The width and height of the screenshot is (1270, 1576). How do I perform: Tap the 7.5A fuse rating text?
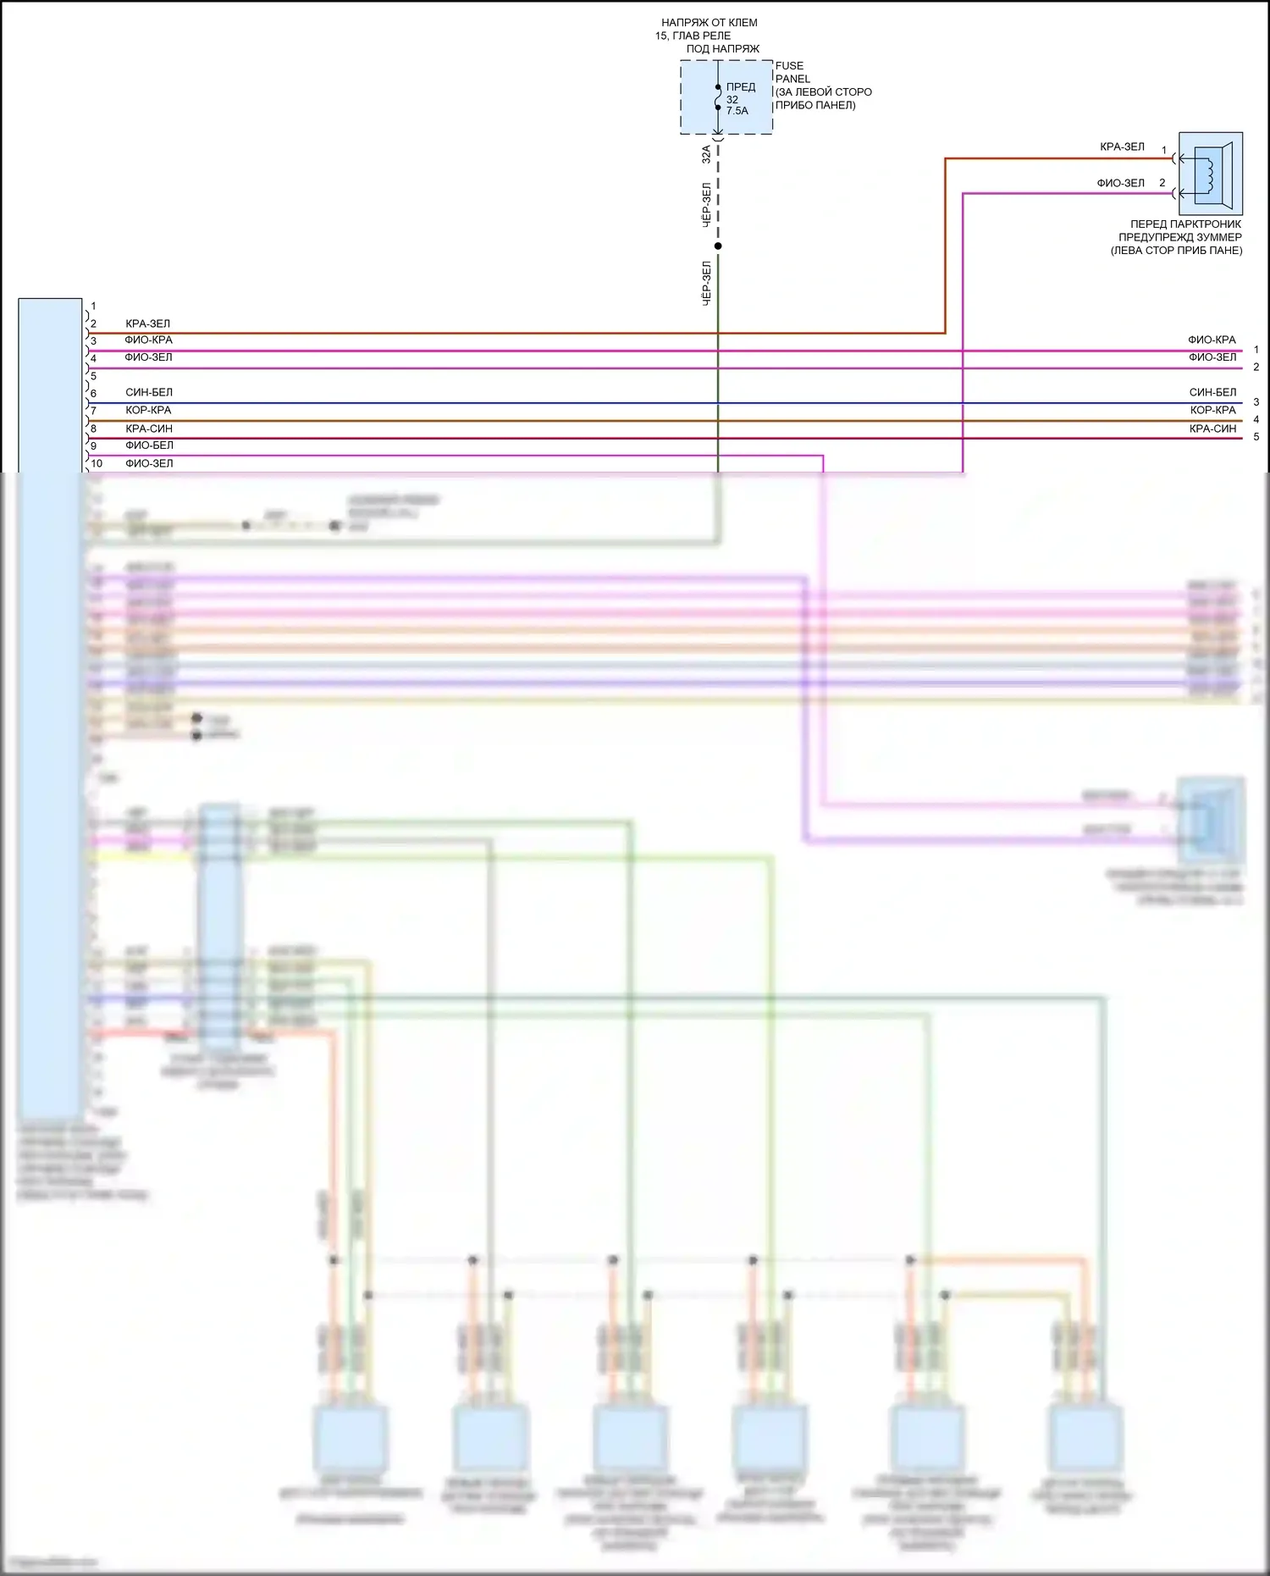[x=737, y=111]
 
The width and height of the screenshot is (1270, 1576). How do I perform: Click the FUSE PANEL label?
[x=792, y=72]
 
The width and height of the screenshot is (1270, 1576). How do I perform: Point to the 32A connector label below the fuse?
[x=706, y=154]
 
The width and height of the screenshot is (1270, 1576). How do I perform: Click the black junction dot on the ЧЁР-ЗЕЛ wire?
[x=718, y=246]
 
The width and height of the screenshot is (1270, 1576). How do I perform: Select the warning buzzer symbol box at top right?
[x=1211, y=174]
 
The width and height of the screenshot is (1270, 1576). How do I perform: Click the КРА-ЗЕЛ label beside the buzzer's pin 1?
[x=1122, y=147]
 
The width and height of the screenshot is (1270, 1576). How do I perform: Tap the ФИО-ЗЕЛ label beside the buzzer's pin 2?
[x=1120, y=183]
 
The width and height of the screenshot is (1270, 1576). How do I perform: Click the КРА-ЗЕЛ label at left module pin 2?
[x=147, y=323]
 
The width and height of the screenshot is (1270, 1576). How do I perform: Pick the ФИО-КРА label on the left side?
[x=148, y=340]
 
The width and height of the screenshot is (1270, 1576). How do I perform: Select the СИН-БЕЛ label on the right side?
[x=1212, y=392]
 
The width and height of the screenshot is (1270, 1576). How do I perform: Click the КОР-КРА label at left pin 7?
[x=148, y=410]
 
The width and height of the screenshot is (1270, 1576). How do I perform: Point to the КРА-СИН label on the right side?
[x=1212, y=429]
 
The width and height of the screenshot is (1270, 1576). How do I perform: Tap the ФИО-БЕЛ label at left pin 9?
[x=149, y=445]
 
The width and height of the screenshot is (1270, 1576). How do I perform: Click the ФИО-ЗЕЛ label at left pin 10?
[x=149, y=463]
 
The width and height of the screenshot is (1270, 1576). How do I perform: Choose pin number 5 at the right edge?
[x=1256, y=437]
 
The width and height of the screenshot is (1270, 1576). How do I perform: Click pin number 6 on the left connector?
[x=93, y=393]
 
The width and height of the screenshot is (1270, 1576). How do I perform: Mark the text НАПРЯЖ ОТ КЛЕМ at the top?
[x=709, y=23]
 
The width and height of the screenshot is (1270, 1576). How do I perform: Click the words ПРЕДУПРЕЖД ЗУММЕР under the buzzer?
[x=1179, y=237]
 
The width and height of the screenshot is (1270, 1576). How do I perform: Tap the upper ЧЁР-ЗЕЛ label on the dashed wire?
[x=706, y=205]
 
